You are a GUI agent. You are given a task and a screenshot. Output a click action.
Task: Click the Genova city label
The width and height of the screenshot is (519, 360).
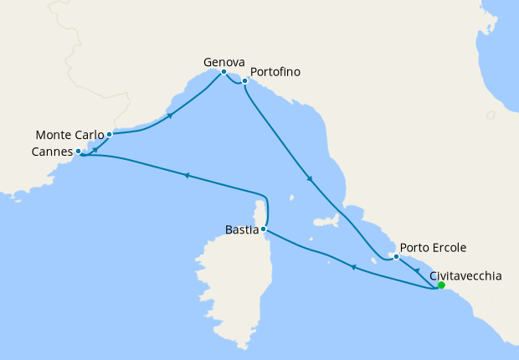coord(224,62)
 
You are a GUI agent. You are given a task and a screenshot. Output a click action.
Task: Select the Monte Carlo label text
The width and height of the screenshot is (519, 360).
coord(70,134)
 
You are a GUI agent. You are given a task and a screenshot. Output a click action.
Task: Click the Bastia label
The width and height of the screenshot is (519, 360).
coord(242,228)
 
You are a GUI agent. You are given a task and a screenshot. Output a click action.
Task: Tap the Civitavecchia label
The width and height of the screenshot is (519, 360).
coord(465,275)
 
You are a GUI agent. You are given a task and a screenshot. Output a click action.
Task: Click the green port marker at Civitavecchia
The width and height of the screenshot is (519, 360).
coord(441,285)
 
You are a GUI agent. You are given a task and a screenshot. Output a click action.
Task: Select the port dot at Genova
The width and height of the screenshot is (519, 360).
coord(224,72)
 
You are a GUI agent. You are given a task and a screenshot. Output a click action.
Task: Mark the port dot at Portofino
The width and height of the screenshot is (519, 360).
coord(244,81)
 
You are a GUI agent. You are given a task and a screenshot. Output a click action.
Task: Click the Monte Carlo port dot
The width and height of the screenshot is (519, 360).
coord(109,134)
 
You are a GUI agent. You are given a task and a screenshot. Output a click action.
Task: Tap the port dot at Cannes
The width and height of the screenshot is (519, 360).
coord(78,152)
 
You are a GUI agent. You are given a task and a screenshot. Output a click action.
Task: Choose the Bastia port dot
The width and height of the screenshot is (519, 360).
coord(264,228)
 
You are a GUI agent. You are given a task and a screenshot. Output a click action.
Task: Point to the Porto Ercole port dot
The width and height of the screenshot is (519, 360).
coord(396,256)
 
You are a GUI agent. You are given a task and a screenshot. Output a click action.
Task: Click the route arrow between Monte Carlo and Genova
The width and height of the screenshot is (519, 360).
coord(171,116)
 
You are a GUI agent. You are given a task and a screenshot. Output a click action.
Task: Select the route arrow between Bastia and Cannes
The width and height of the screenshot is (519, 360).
coord(187,175)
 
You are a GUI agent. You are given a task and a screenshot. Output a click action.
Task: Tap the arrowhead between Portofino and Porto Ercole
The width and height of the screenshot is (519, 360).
coord(311,179)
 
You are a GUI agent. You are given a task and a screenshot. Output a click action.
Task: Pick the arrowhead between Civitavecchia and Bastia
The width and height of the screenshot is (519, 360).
coord(352,267)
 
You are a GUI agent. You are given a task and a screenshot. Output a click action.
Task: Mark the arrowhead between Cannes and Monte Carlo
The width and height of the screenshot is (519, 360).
coord(95,149)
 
